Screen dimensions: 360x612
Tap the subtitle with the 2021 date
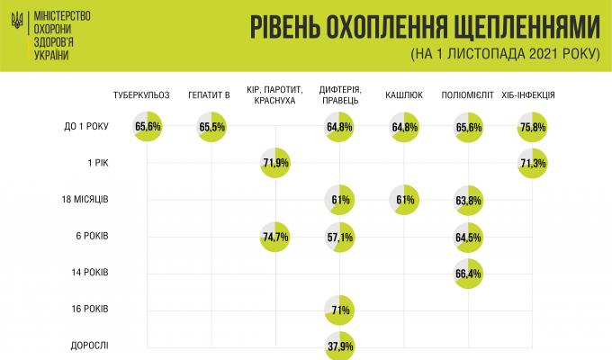[x=504, y=52]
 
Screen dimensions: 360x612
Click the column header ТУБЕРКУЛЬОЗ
[x=142, y=94]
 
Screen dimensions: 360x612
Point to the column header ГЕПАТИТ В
[x=211, y=94]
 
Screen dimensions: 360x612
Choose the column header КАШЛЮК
[x=403, y=94]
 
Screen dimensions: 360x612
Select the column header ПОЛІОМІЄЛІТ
[x=466, y=94]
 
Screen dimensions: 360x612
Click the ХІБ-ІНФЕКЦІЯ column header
[x=527, y=94]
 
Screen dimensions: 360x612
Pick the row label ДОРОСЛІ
[x=89, y=346]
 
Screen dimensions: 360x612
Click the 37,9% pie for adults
[x=340, y=346]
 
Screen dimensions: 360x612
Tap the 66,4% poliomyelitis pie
[x=467, y=273]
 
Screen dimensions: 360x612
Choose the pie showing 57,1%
[x=340, y=236]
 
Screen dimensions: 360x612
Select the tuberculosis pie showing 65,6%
[x=147, y=127]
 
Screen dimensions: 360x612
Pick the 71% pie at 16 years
[x=340, y=310]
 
